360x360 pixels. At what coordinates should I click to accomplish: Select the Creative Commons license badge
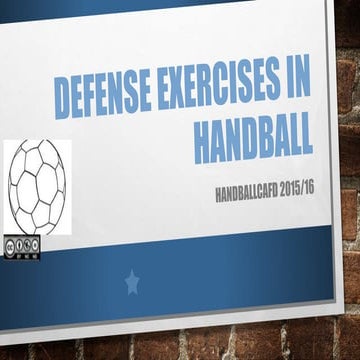point(23,245)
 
